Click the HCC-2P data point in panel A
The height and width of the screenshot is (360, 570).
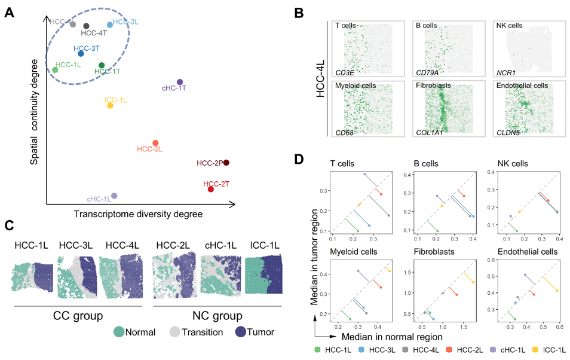(226, 163)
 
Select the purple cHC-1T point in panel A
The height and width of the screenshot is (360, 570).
(179, 82)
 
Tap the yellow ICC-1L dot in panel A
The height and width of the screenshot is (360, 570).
(110, 106)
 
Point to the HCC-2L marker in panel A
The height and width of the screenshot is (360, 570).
(155, 143)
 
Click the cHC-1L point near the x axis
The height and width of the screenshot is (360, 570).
(114, 196)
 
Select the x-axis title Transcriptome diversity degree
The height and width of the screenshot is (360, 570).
(138, 213)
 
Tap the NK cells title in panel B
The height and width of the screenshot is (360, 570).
(509, 26)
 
